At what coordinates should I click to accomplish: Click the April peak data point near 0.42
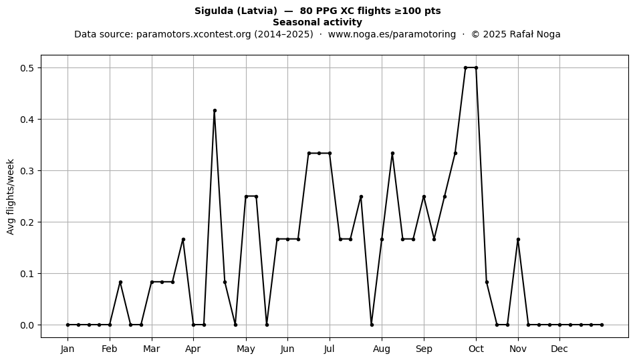pyautogui.click(x=215, y=110)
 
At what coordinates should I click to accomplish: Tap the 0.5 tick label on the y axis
pyautogui.click(x=27, y=68)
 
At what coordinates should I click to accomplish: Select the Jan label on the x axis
pyautogui.click(x=68, y=349)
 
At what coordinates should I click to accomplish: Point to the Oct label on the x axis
pyautogui.click(x=476, y=349)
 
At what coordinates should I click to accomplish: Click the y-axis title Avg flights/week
pyautogui.click(x=11, y=196)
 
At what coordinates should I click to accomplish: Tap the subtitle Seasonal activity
pyautogui.click(x=317, y=22)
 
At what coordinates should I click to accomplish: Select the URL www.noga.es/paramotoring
pyautogui.click(x=392, y=34)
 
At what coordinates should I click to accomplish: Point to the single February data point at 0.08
pyautogui.click(x=120, y=282)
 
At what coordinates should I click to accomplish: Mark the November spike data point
pyautogui.click(x=518, y=240)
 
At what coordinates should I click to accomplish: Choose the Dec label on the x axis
pyautogui.click(x=559, y=349)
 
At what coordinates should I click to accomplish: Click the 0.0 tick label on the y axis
pyautogui.click(x=27, y=325)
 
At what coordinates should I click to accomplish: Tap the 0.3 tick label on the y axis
pyautogui.click(x=27, y=171)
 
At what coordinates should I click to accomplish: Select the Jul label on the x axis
pyautogui.click(x=330, y=349)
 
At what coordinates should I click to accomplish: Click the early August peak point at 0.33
pyautogui.click(x=392, y=154)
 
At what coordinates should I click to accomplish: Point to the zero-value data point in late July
pyautogui.click(x=372, y=325)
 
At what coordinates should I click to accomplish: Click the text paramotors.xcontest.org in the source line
pyautogui.click(x=194, y=34)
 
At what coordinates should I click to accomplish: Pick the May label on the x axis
pyautogui.click(x=246, y=349)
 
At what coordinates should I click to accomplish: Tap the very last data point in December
pyautogui.click(x=602, y=325)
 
